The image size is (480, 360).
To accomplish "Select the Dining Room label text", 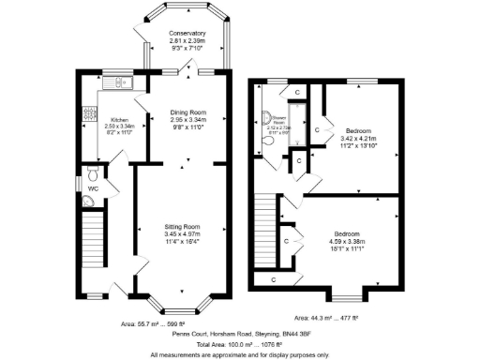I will point(187,112).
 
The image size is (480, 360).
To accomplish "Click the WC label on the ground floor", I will point(93,189).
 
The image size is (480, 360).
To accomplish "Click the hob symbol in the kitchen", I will point(90,113).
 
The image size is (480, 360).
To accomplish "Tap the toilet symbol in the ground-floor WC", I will point(91,174).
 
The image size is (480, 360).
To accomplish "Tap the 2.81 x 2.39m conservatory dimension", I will point(187,42).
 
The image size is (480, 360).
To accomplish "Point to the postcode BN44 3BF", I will point(292,333).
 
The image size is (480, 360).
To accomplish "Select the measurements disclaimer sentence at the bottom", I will point(239,355).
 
